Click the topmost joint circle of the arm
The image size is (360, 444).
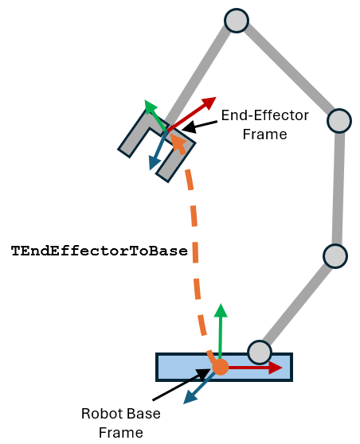tap(237, 21)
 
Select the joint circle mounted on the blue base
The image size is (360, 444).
tap(260, 351)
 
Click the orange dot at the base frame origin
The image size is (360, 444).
tap(221, 367)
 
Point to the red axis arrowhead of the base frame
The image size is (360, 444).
tap(275, 368)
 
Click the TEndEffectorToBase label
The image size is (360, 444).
tap(99, 251)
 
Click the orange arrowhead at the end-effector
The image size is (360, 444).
tap(179, 141)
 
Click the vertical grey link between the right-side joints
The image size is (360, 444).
tap(338, 188)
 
